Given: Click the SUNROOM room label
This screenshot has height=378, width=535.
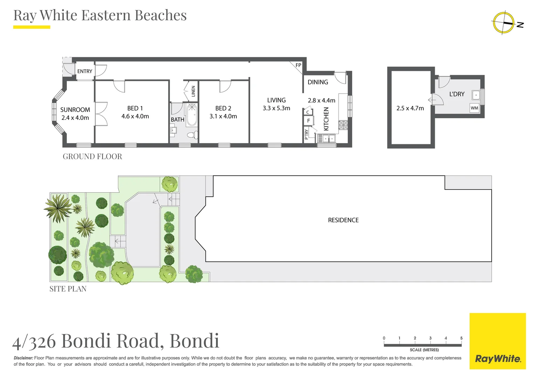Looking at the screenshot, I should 75,110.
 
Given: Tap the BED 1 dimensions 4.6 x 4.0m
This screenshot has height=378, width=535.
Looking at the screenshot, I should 135,116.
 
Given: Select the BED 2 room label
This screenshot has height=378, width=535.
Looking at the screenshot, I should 223,108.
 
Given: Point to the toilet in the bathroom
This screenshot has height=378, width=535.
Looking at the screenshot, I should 192,135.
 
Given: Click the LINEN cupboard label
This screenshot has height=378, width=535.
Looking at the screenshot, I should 193,91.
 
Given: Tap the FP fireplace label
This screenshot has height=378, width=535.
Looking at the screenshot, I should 298,65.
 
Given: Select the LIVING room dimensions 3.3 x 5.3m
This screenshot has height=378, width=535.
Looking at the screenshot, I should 276,108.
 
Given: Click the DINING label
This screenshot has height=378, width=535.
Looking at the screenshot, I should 318,82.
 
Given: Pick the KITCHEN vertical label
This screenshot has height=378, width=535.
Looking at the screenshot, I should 326,119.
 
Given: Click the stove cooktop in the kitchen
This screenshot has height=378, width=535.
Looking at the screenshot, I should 343,125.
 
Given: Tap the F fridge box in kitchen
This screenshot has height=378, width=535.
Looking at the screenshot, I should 308,121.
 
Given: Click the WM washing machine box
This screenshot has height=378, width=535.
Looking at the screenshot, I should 474,108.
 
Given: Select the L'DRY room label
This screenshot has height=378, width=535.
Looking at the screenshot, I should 457,94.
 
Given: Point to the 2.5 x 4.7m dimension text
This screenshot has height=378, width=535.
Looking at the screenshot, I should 410,108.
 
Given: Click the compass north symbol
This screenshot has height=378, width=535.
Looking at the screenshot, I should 503,23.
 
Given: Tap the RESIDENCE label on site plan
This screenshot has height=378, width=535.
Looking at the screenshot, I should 343,220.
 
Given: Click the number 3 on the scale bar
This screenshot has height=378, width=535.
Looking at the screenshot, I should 430,338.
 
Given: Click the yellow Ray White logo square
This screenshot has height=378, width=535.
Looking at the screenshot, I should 498,341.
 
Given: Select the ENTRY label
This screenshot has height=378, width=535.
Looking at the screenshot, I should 85,71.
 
